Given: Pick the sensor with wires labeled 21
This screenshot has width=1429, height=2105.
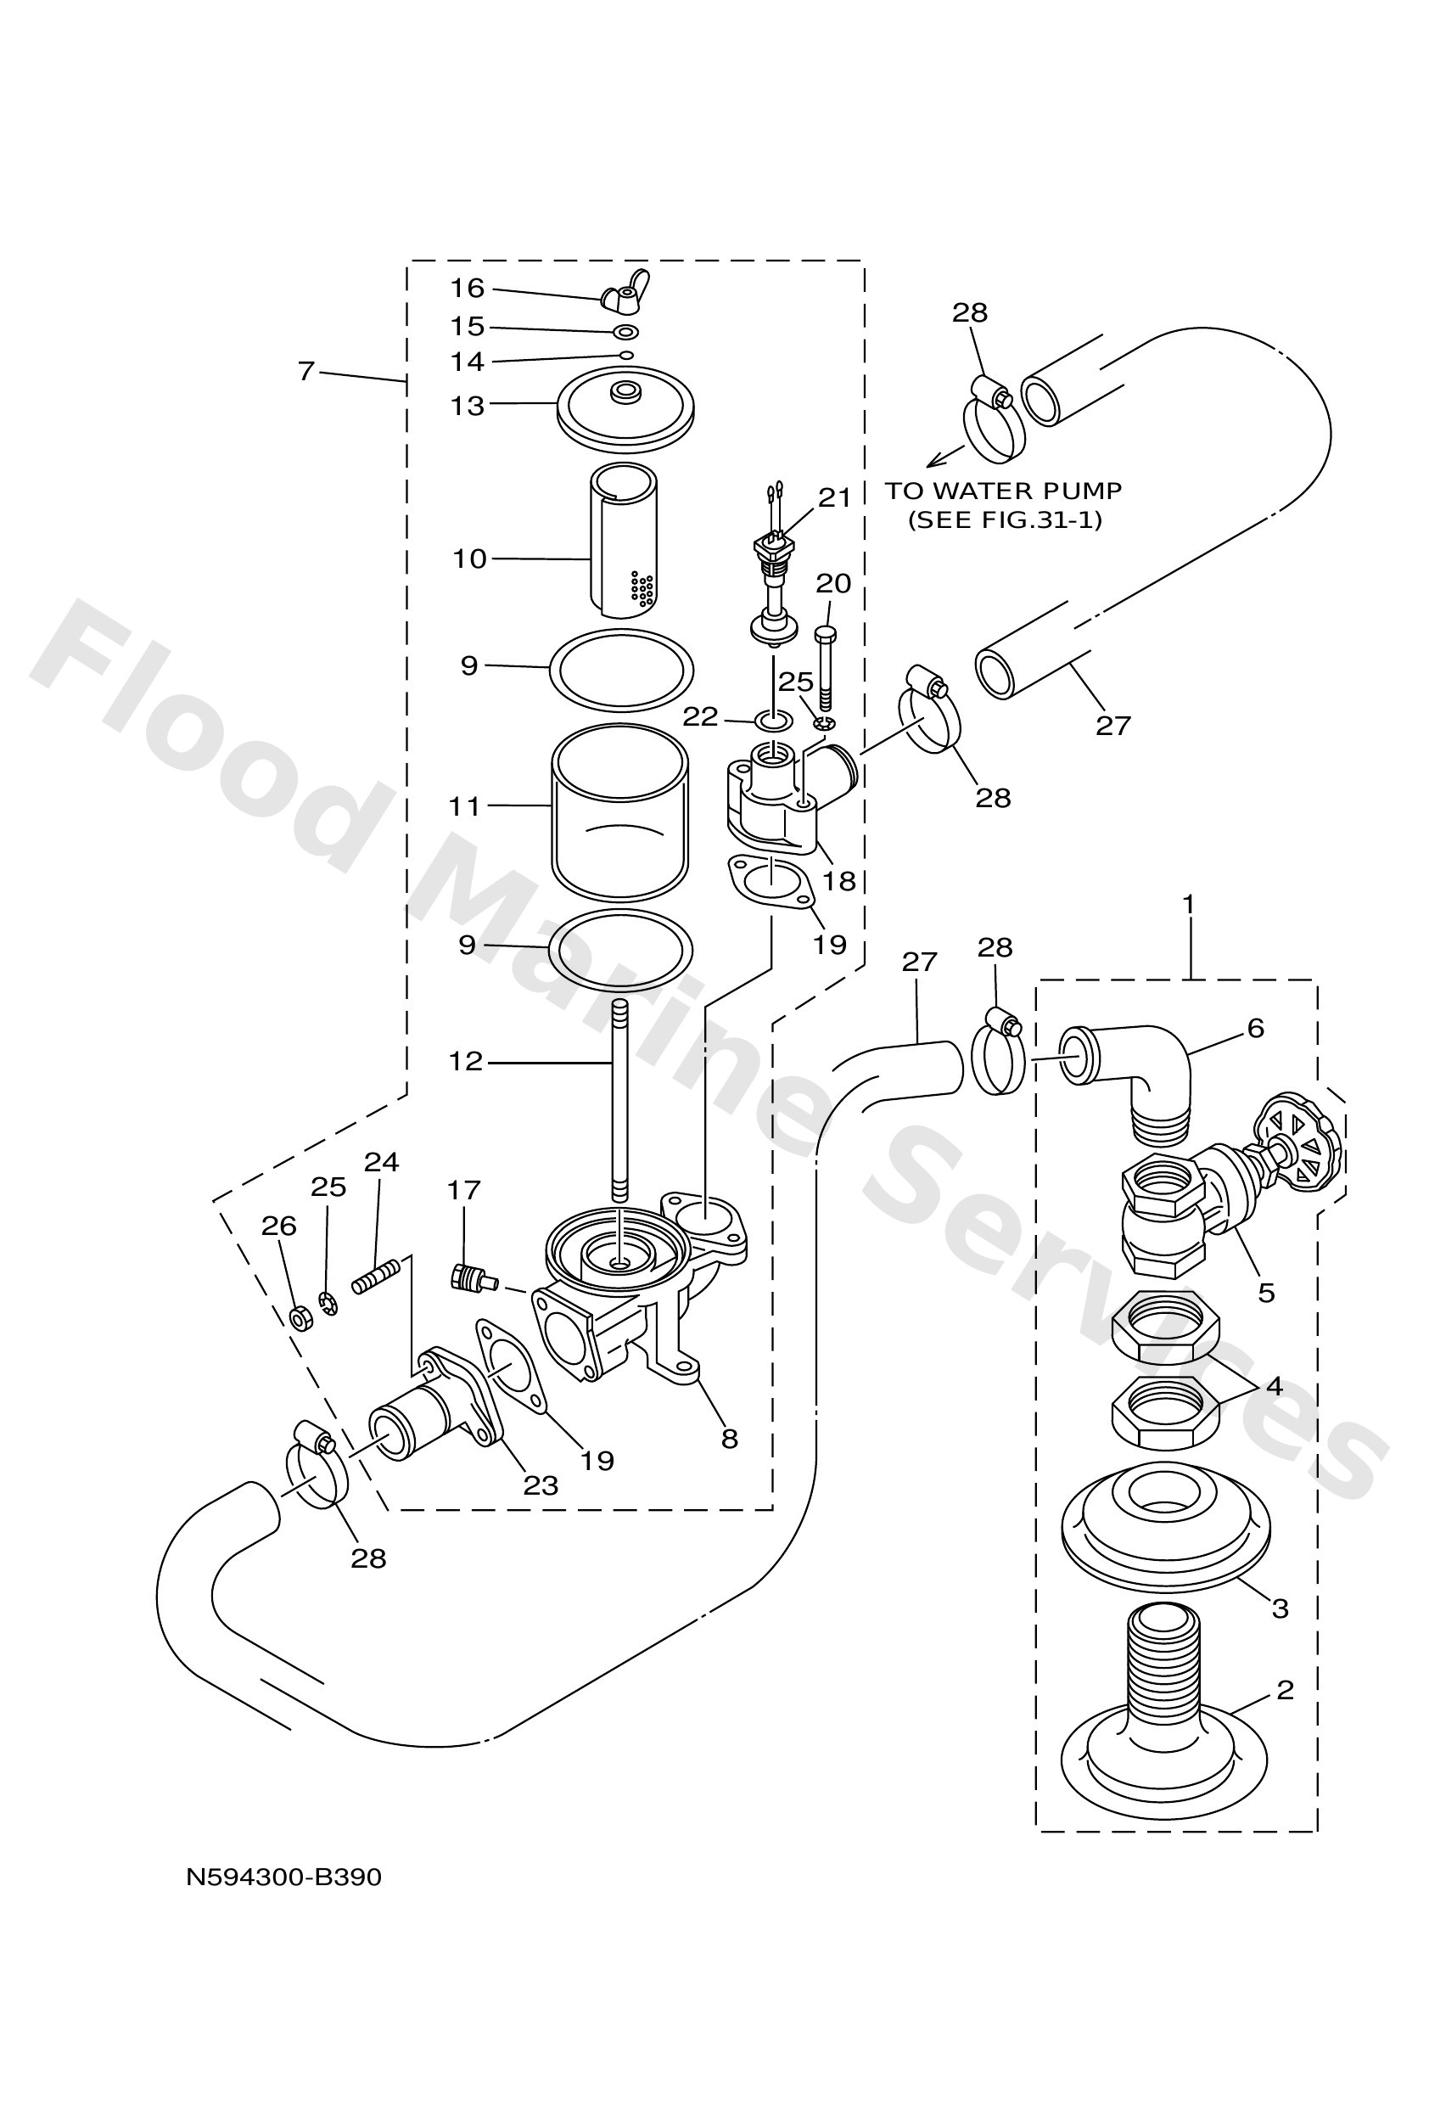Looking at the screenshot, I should [772, 580].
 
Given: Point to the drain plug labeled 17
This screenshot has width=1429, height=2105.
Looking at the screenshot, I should [472, 1278].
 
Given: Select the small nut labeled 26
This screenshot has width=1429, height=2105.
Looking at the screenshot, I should [300, 1318].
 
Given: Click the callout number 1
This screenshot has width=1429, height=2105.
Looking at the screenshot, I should [1188, 904].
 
